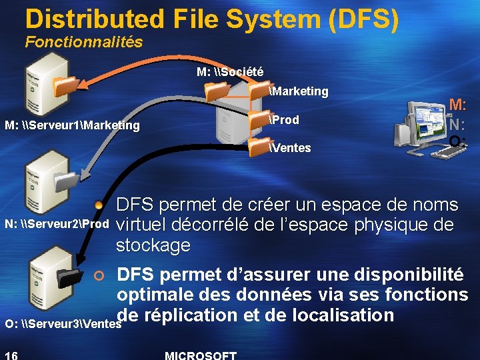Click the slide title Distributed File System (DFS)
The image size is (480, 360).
click(x=212, y=20)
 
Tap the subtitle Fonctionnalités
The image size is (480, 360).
click(x=84, y=42)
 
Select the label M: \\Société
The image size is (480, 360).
click(x=230, y=71)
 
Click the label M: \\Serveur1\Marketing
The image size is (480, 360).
click(x=72, y=125)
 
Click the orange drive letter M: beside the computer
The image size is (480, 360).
click(x=457, y=105)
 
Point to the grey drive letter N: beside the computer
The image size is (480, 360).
click(x=457, y=124)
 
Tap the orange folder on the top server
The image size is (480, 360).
click(x=65, y=86)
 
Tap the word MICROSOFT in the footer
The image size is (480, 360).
click(x=200, y=355)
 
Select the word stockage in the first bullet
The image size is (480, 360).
click(x=153, y=245)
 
